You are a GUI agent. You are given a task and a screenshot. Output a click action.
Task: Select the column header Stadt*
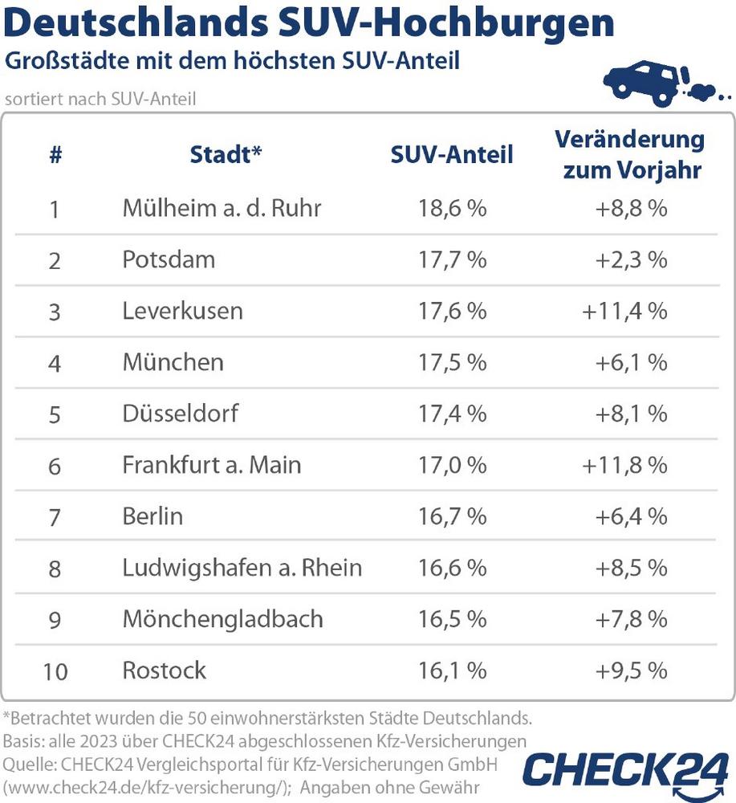coord(226,154)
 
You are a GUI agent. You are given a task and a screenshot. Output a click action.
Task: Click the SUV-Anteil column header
coord(452,154)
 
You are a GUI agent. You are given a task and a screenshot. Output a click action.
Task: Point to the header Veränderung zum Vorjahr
coord(629,154)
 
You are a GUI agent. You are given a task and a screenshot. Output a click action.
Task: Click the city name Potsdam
coord(169,259)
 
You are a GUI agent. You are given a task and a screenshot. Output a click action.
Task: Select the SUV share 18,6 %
coord(452,209)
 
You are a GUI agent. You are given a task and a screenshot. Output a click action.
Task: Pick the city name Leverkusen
coord(182,311)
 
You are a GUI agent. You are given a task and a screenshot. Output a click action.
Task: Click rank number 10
coord(55,671)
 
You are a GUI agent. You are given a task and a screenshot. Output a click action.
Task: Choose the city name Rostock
coord(164,670)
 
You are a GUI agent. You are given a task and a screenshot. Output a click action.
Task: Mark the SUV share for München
coord(452,362)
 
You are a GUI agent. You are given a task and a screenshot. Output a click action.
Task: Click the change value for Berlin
coord(632,516)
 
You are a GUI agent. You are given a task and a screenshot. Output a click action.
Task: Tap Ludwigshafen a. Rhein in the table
coord(242,568)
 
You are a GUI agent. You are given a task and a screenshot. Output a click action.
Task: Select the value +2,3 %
coord(632,259)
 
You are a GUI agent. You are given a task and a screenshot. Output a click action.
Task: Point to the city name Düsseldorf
coord(181,414)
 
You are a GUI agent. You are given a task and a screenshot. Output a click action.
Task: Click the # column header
coord(55,154)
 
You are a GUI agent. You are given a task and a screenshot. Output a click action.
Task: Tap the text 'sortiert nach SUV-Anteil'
coord(100,100)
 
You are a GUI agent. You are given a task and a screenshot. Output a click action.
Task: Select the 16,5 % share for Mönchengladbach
coord(452,619)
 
